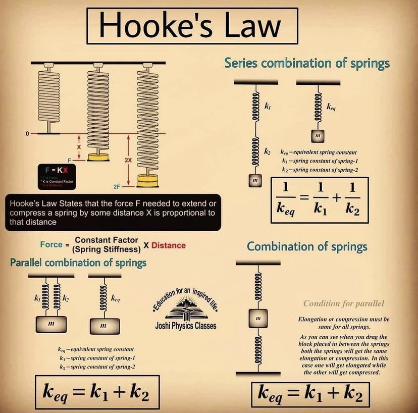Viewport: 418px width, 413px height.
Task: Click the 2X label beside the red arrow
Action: click(x=128, y=159)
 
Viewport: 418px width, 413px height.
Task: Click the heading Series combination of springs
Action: click(x=307, y=64)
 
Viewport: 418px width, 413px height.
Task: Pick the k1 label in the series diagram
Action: click(x=268, y=107)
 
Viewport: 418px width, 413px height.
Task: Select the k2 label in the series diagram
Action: click(x=268, y=151)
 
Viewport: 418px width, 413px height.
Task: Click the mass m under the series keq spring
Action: click(x=317, y=136)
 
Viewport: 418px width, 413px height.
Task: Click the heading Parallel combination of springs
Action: click(x=78, y=263)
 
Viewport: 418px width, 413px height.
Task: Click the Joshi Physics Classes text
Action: click(x=185, y=326)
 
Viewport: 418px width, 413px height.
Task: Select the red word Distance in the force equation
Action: click(x=169, y=245)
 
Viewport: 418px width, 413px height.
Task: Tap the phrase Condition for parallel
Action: click(x=344, y=303)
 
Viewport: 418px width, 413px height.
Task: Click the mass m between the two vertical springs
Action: click(x=257, y=318)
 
